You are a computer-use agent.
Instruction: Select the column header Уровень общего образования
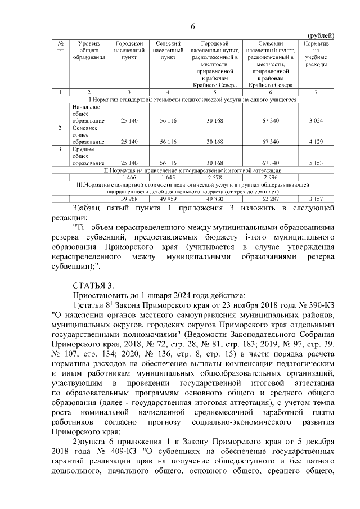click(x=89, y=51)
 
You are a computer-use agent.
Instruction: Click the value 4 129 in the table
click(x=316, y=142)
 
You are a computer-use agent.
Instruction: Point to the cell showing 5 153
click(x=316, y=163)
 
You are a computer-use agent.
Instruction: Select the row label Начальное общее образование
click(x=86, y=114)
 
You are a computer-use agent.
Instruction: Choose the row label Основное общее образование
click(x=86, y=135)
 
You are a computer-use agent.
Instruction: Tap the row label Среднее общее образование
click(x=86, y=156)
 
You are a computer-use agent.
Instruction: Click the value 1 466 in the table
click(x=129, y=177)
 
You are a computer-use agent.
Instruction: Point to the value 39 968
click(x=129, y=199)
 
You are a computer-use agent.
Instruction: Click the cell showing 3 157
click(x=316, y=199)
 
